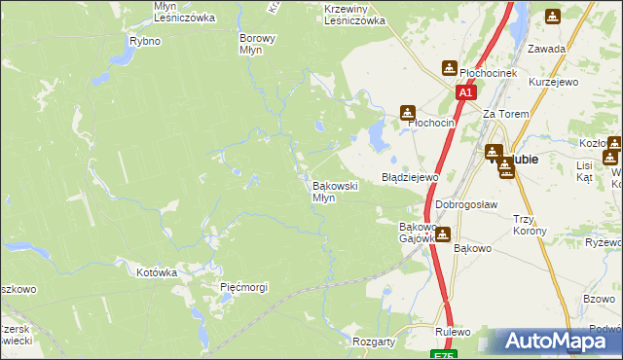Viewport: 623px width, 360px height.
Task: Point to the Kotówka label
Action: (157, 273)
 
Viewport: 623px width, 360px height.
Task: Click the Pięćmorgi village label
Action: (243, 287)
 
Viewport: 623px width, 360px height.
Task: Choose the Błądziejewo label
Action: (410, 178)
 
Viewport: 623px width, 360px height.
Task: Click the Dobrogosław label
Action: (466, 204)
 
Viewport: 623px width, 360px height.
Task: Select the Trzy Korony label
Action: (530, 225)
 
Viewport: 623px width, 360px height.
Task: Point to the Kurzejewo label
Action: (553, 82)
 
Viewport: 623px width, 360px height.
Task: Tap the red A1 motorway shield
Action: (465, 92)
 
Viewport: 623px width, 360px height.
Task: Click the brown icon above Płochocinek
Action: (449, 67)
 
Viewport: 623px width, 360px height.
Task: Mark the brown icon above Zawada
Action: (553, 17)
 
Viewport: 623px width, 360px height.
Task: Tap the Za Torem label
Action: (506, 114)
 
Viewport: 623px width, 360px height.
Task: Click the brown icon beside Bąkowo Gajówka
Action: (443, 234)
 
